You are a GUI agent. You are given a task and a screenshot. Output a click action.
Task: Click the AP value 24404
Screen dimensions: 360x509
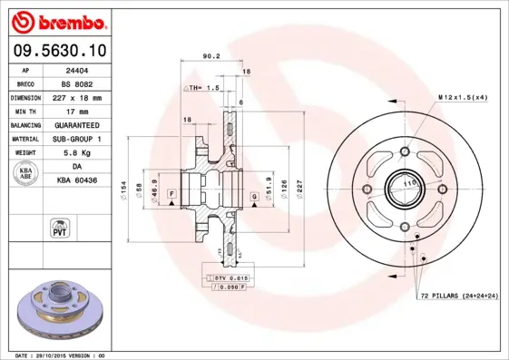click(79, 69)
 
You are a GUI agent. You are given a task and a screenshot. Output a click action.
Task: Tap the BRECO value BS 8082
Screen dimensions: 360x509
click(79, 83)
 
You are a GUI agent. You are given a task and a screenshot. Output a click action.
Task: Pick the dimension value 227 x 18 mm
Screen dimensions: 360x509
click(79, 96)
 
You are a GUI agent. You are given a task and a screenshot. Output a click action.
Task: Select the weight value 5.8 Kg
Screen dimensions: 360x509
click(79, 153)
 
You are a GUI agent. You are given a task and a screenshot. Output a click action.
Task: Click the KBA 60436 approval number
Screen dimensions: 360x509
click(79, 180)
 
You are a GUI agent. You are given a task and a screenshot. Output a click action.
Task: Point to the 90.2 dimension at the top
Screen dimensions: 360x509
click(210, 56)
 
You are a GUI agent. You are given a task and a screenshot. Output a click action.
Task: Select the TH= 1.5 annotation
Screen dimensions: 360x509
click(206, 88)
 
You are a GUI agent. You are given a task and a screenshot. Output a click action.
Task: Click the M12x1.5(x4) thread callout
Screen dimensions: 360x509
click(463, 96)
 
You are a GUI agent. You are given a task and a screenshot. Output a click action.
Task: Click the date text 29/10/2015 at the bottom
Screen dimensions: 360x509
click(64, 355)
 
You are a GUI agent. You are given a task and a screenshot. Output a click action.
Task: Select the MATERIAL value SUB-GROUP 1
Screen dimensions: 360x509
click(79, 138)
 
